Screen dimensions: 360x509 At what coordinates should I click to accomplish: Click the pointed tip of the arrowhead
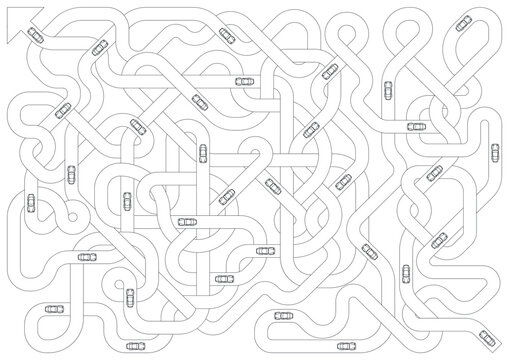[9, 9]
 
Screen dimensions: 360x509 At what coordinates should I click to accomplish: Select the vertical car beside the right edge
[492, 149]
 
